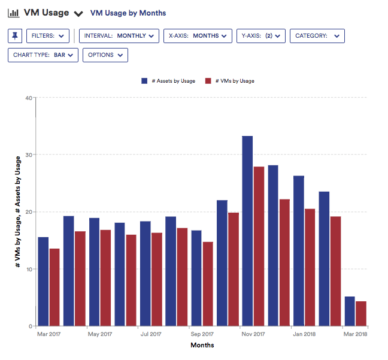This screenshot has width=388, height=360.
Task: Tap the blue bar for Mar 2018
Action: pyautogui.click(x=350, y=311)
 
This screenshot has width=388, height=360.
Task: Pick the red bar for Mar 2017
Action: pyautogui.click(x=54, y=287)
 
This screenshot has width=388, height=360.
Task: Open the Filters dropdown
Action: pyautogui.click(x=48, y=36)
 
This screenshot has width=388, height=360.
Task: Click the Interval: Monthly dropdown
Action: pyautogui.click(x=119, y=36)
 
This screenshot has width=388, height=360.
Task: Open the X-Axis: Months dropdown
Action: pyautogui.click(x=198, y=36)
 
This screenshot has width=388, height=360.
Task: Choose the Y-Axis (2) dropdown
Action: pyautogui.click(x=260, y=36)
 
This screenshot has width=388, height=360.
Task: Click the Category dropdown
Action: pyautogui.click(x=317, y=36)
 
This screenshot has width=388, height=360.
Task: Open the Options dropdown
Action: pyautogui.click(x=105, y=55)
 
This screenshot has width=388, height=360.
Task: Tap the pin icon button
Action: pyautogui.click(x=15, y=36)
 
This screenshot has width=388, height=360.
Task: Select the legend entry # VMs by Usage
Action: pyautogui.click(x=230, y=81)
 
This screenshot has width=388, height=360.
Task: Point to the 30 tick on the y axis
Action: pyautogui.click(x=28, y=155)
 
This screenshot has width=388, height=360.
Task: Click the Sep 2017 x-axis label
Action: pyautogui.click(x=202, y=334)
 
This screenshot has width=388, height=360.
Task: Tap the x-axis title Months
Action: pyautogui.click(x=202, y=345)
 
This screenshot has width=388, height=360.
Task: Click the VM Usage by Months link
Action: pyautogui.click(x=128, y=13)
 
